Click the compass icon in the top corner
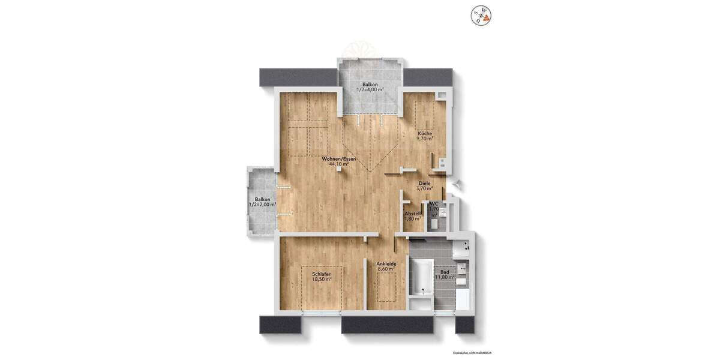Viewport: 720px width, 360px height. (x=481, y=14)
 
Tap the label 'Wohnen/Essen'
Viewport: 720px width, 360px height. (x=339, y=158)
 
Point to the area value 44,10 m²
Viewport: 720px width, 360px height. (x=339, y=164)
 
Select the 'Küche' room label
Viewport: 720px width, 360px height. (x=425, y=133)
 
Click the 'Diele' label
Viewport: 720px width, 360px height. (x=425, y=183)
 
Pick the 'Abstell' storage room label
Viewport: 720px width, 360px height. (x=412, y=214)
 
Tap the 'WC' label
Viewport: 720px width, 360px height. (x=434, y=204)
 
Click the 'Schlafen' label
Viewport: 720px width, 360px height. (x=322, y=274)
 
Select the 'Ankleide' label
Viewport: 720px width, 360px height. (x=386, y=264)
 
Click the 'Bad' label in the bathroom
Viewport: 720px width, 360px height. (x=445, y=272)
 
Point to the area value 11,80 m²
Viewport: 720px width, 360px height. (x=445, y=277)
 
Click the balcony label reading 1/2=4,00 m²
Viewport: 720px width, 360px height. (x=370, y=89)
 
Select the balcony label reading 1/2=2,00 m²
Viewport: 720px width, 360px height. (x=262, y=205)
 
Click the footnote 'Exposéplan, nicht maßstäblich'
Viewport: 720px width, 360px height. (x=472, y=353)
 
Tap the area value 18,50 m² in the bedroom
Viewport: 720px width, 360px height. (x=322, y=280)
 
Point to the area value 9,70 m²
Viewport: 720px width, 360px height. (x=425, y=139)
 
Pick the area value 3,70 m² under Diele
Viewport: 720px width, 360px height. (x=425, y=188)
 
